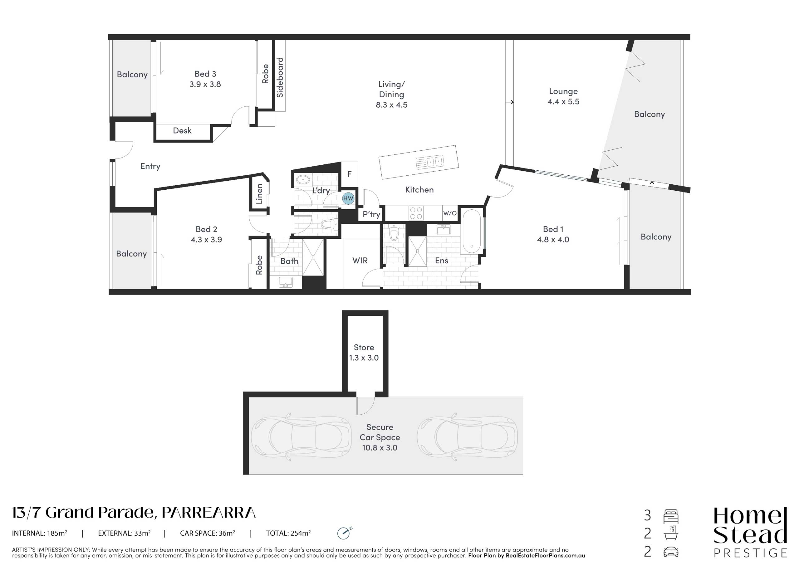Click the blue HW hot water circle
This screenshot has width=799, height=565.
click(x=348, y=198)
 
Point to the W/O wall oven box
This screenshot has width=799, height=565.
click(x=450, y=213)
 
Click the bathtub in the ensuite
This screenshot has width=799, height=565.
click(x=472, y=232)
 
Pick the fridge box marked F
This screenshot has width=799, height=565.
click(x=349, y=173)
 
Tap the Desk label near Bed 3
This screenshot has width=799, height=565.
click(x=182, y=130)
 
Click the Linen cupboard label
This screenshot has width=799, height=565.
click(x=259, y=194)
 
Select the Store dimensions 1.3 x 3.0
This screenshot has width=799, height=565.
click(x=364, y=358)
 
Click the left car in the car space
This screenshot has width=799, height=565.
click(x=302, y=437)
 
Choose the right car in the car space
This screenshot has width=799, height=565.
click(x=467, y=437)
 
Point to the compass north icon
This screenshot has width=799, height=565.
click(x=344, y=533)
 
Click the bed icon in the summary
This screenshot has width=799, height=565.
click(x=671, y=517)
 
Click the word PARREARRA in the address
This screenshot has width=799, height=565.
click(x=209, y=513)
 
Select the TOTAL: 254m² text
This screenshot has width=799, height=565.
click(x=288, y=533)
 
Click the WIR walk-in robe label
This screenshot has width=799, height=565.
click(x=360, y=261)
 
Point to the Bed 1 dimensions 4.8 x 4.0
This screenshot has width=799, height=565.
click(x=553, y=239)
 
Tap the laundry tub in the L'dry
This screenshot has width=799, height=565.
click(x=303, y=180)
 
